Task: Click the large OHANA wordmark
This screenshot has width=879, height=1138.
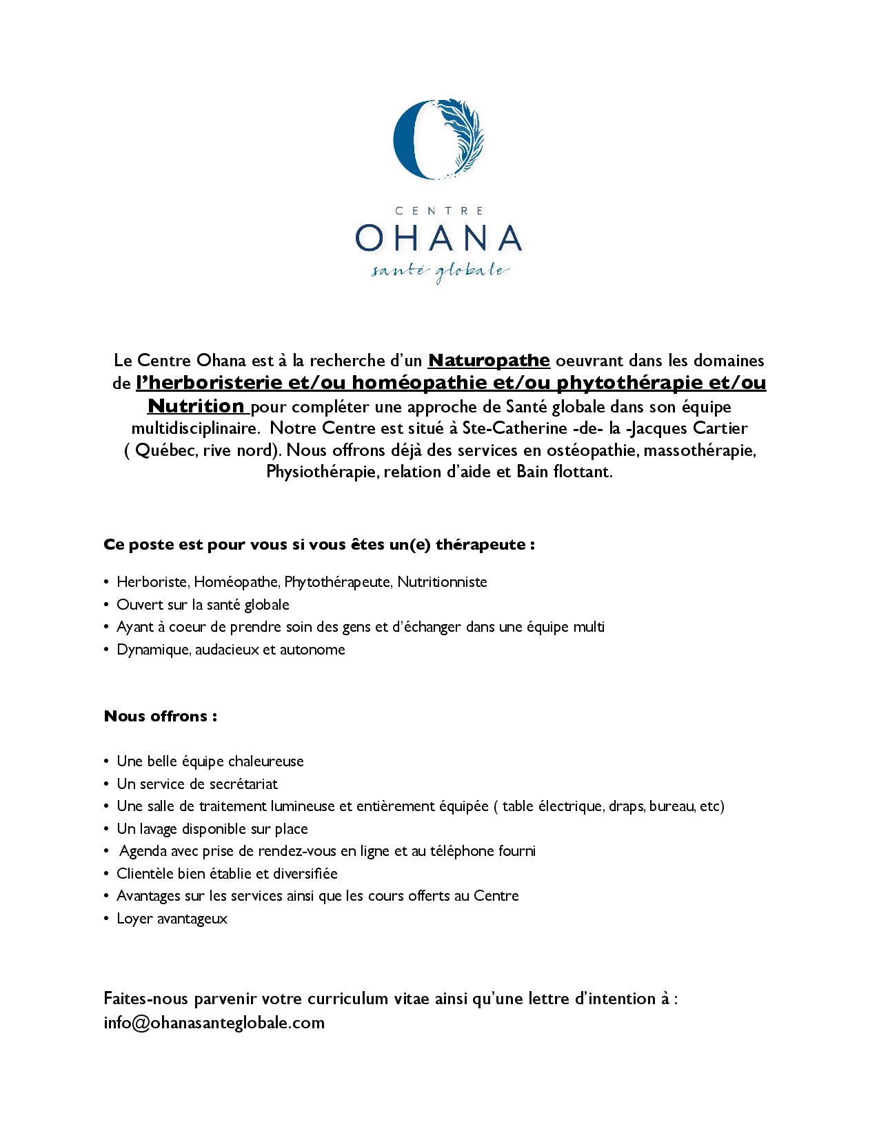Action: pyautogui.click(x=438, y=238)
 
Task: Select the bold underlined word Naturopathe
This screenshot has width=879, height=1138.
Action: pyautogui.click(x=489, y=360)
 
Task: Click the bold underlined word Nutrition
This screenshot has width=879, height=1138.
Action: pyautogui.click(x=196, y=405)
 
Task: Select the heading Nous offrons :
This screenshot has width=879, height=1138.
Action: pyautogui.click(x=161, y=716)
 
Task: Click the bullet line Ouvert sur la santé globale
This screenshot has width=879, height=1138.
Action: pyautogui.click(x=203, y=604)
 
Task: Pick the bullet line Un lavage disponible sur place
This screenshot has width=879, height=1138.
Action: pyautogui.click(x=212, y=828)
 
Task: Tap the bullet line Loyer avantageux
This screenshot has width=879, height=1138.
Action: pyautogui.click(x=172, y=919)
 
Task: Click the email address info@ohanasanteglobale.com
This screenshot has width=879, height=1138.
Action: pyautogui.click(x=214, y=1022)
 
